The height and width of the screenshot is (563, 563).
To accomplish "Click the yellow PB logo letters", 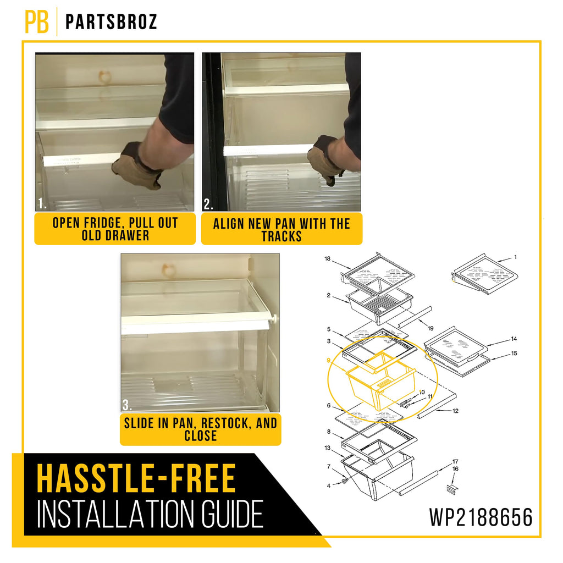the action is [x=37, y=21].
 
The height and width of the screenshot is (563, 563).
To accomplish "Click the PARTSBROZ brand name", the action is [x=111, y=22].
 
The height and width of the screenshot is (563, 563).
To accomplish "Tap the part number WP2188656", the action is [x=481, y=517].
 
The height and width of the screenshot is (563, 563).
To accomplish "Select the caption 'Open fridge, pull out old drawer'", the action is [x=115, y=229].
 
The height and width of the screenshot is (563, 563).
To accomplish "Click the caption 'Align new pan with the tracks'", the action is [x=281, y=230].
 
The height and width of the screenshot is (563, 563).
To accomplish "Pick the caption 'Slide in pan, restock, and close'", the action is [x=200, y=429].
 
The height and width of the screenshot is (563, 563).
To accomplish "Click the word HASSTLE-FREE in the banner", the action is [x=136, y=479].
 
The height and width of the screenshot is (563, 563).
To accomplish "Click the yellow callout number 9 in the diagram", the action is [x=328, y=361].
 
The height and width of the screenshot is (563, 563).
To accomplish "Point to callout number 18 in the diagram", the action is [x=328, y=258].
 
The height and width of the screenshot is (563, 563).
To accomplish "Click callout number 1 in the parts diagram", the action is [x=516, y=257].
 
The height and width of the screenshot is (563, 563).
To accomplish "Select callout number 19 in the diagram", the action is [x=430, y=328].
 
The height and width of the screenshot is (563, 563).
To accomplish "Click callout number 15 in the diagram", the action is [x=514, y=354].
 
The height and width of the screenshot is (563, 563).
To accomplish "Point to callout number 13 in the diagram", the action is [x=328, y=448].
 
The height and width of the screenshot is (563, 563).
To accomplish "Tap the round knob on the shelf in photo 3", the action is [x=275, y=318].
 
